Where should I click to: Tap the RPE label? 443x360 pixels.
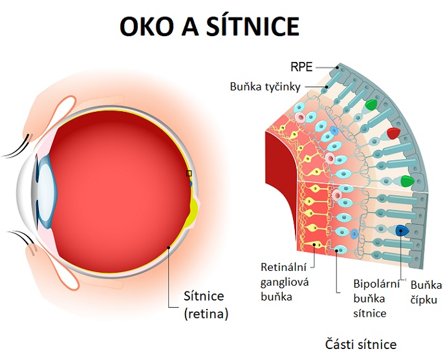301,67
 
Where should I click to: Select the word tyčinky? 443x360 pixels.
283,87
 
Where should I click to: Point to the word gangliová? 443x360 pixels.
285,282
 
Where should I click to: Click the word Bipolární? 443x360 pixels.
376,284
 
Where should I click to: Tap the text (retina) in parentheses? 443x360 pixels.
206,313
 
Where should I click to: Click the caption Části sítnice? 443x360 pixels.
361,344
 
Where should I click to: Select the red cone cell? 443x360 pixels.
393,133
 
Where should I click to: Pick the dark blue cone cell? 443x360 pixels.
402,231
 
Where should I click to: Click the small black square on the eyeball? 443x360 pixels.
189,173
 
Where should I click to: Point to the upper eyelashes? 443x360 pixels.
17,147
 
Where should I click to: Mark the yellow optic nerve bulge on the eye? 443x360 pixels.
194,210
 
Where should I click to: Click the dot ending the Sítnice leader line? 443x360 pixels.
168,248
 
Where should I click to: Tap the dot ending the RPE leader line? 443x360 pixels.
338,67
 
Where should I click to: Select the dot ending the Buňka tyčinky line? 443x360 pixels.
327,87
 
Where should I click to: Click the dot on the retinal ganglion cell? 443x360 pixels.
314,245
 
